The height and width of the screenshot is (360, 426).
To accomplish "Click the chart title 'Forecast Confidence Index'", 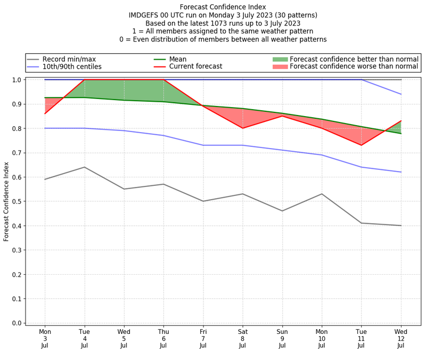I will pyautogui.click(x=223, y=6).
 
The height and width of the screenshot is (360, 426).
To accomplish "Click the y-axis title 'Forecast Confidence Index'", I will pyautogui.click(x=6, y=201).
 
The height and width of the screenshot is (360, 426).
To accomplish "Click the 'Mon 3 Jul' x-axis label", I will pyautogui.click(x=45, y=339).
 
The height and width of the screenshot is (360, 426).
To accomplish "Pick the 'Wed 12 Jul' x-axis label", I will pyautogui.click(x=401, y=339).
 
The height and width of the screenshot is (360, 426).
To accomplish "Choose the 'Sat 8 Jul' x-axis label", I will pyautogui.click(x=243, y=339).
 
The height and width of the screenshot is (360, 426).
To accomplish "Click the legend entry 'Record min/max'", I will pyautogui.click(x=69, y=59).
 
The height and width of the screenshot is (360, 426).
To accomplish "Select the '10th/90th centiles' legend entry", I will pyautogui.click(x=72, y=67).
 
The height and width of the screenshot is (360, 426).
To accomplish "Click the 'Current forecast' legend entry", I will pyautogui.click(x=195, y=67).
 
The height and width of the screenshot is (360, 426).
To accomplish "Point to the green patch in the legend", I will pyautogui.click(x=280, y=59).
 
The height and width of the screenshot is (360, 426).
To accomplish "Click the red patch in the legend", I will pyautogui.click(x=280, y=67).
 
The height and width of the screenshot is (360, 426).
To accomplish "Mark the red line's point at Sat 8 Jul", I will pyautogui.click(x=243, y=128).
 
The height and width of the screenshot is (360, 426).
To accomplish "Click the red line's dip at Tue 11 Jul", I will pyautogui.click(x=362, y=145).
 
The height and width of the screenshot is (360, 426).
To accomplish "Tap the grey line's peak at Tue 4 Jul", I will pyautogui.click(x=84, y=167).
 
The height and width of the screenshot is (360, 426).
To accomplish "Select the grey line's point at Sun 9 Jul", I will pyautogui.click(x=282, y=211).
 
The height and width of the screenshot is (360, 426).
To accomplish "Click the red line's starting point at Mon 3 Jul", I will pyautogui.click(x=45, y=113).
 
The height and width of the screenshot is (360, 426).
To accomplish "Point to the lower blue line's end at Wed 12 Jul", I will pyautogui.click(x=401, y=172).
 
